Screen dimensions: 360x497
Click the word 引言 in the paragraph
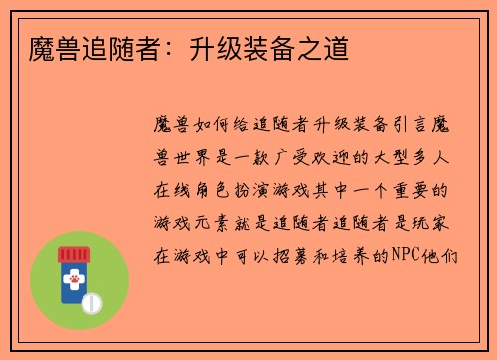[x=404, y=126]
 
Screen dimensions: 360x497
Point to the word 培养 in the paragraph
[x=347, y=254]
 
